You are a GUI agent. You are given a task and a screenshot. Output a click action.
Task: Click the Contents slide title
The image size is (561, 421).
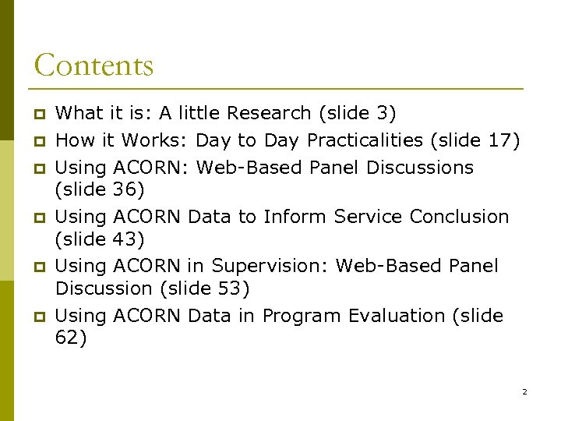pos(93,65)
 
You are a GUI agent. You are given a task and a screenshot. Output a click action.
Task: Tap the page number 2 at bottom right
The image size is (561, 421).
pos(524,391)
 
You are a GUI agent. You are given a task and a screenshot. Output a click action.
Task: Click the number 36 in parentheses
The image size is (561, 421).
pos(125,190)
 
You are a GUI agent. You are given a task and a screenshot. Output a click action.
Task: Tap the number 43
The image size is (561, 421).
pos(125,239)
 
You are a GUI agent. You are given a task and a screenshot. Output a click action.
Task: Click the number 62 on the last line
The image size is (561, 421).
pos(67,338)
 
